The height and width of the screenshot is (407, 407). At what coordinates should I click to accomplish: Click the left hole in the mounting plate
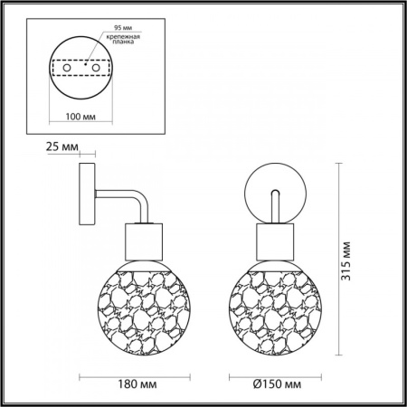pos(67,68)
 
